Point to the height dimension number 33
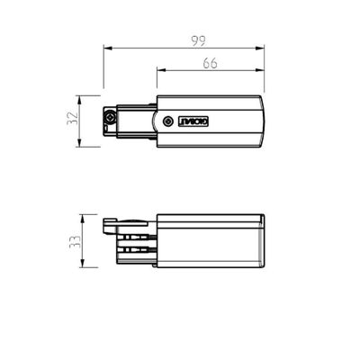coord(75,241)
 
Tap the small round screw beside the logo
coord(166,120)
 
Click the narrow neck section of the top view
coord(135,120)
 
